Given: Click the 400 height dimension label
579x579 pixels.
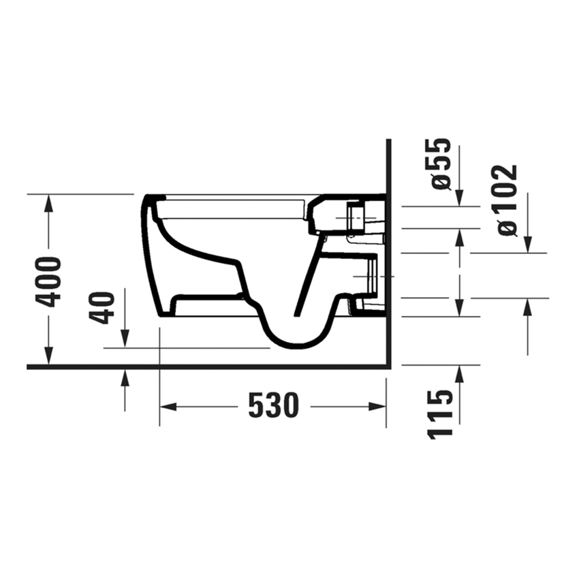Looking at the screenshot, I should coord(50,281).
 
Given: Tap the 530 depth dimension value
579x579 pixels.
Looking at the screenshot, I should coord(273,407).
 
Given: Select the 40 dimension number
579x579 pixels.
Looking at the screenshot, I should coord(104,307).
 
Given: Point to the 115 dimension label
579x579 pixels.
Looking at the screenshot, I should coord(441,413).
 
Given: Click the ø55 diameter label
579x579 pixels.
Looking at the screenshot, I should coord(441,163).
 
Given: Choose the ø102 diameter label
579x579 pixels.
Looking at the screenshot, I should coord(507,200).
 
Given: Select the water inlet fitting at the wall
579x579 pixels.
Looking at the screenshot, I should coord(358,216).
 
